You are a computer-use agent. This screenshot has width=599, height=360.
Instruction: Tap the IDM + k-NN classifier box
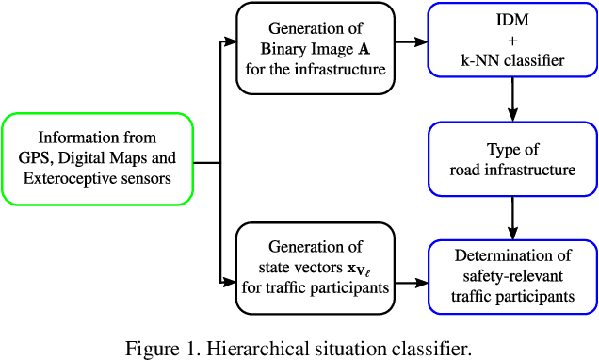[512, 42]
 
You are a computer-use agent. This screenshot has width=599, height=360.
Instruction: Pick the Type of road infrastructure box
[512, 159]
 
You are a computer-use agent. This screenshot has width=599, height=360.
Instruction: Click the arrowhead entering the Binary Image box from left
[230, 42]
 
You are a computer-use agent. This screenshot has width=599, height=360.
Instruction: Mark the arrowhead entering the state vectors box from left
[230, 281]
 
